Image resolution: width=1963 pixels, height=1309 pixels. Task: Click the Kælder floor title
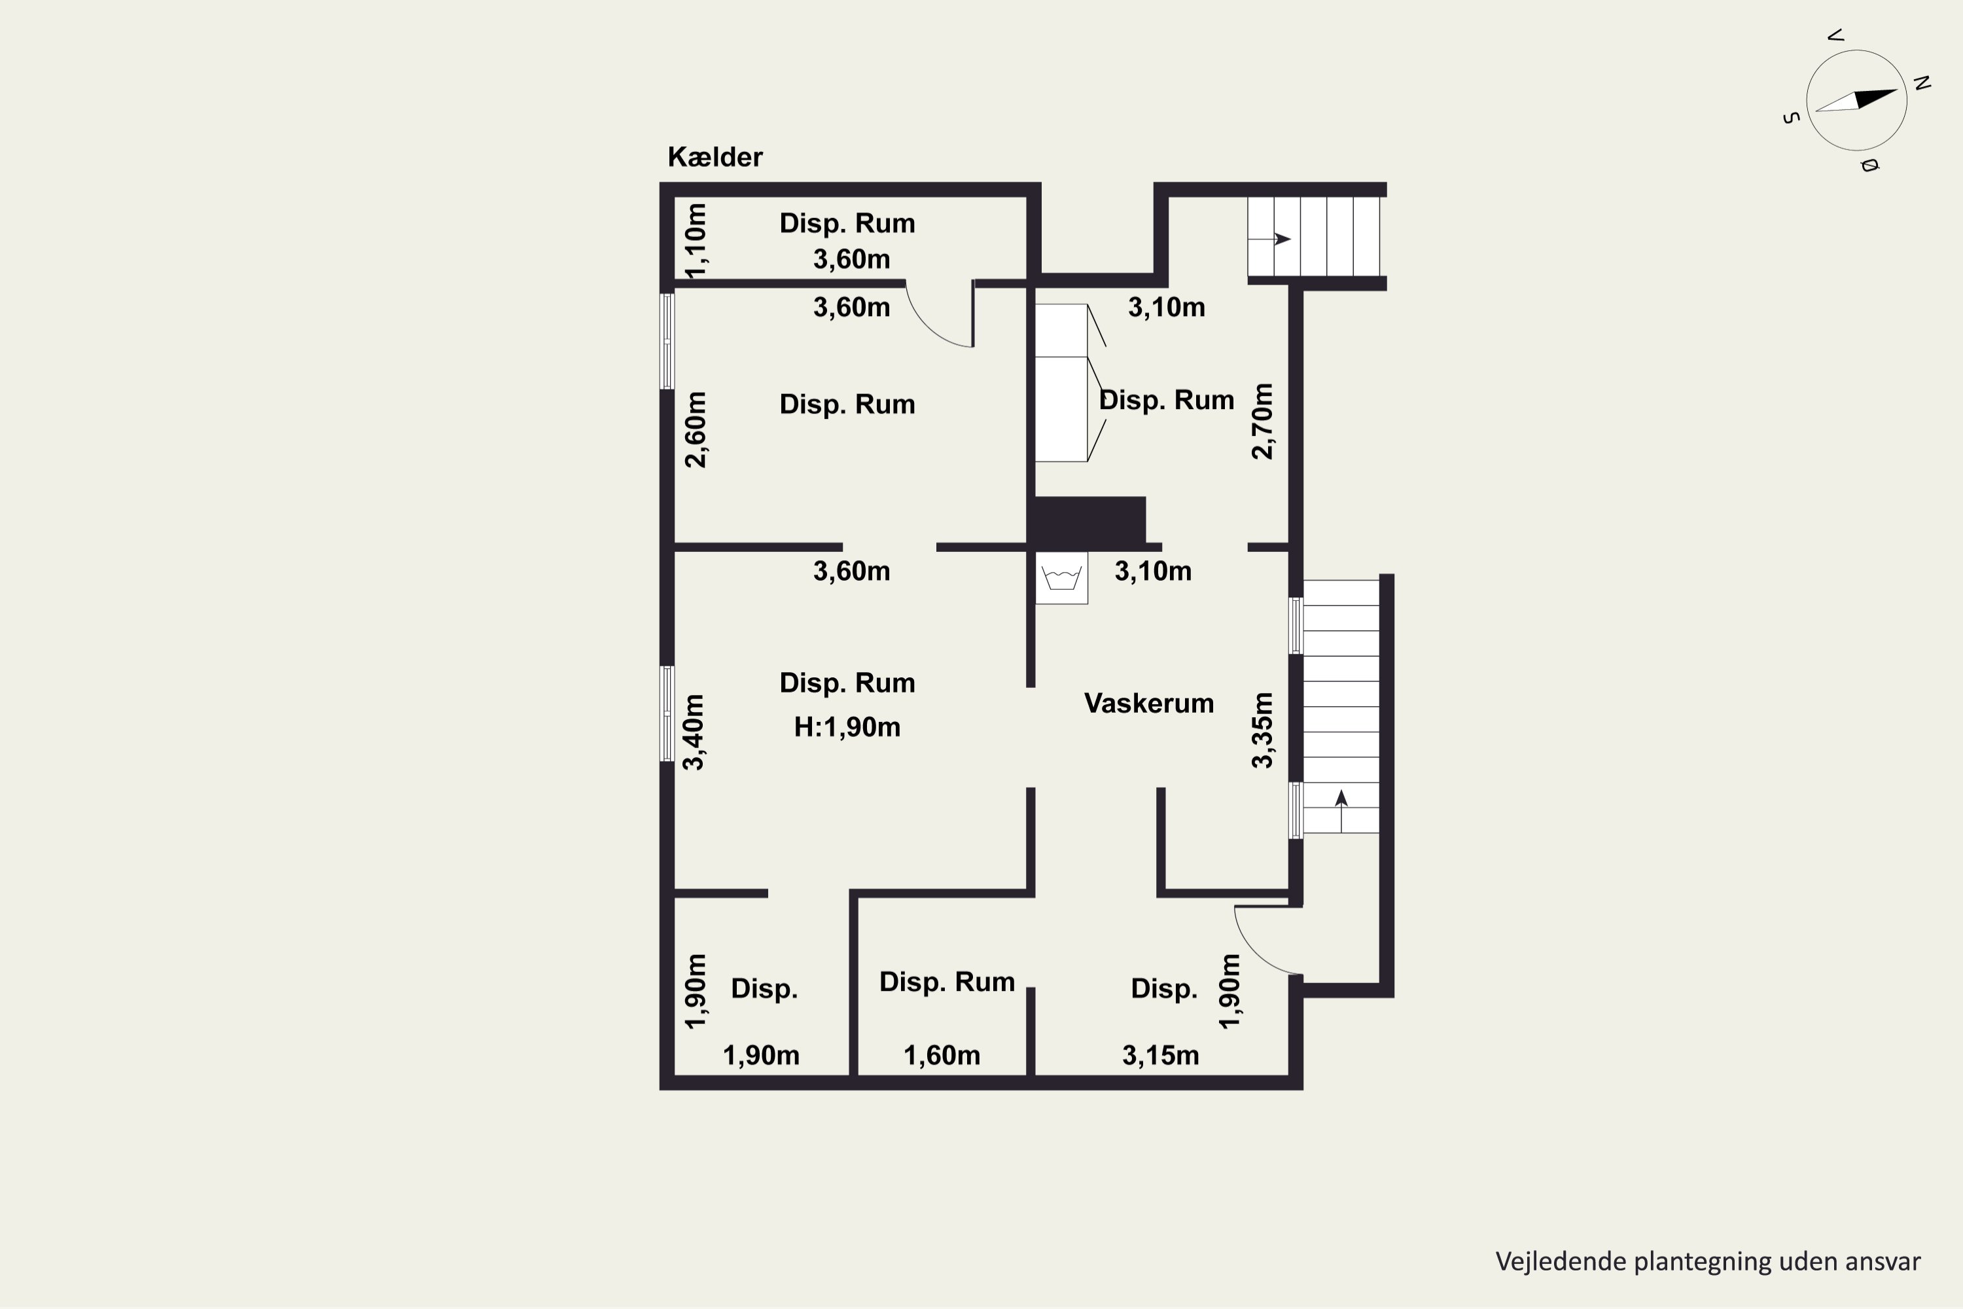coord(715,157)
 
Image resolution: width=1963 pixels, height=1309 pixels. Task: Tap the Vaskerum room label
coord(1148,703)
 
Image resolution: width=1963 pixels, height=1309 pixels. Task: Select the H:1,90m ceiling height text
coord(847,727)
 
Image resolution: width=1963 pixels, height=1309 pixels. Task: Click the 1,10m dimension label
coord(695,240)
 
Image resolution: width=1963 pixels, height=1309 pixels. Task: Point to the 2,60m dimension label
coord(695,429)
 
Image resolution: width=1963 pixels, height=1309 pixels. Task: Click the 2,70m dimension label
coord(1263,421)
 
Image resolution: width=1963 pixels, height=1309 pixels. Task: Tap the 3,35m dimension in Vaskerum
coord(1263,730)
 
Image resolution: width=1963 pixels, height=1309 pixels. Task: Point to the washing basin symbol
coord(1061,578)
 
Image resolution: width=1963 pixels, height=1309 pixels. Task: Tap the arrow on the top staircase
coord(1269,240)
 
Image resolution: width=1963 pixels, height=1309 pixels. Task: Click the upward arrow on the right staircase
coord(1341,812)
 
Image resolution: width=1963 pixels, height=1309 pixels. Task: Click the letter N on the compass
coord(1921,82)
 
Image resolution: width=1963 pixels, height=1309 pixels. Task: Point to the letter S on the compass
coord(1790,118)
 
